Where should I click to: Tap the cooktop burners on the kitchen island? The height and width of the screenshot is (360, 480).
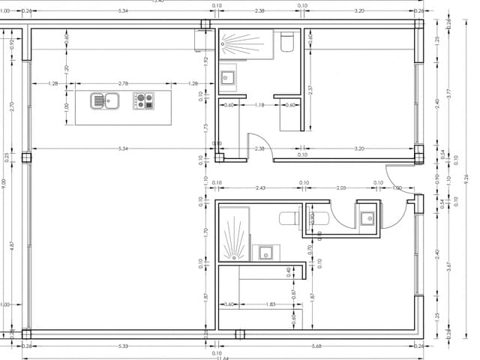pyautogui.click(x=143, y=100)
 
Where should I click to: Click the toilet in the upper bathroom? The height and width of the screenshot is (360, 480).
pyautogui.click(x=286, y=43)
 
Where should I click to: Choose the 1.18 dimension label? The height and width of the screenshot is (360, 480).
pyautogui.click(x=259, y=105)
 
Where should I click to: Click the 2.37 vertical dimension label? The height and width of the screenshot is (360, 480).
pyautogui.click(x=310, y=90)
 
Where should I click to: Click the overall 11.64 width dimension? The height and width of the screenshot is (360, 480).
pyautogui.click(x=223, y=357)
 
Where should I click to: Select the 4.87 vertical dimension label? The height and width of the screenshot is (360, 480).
pyautogui.click(x=12, y=245)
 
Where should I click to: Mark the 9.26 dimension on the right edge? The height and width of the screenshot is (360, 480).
pyautogui.click(x=466, y=178)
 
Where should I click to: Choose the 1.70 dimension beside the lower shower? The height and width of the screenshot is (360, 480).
pyautogui.click(x=205, y=232)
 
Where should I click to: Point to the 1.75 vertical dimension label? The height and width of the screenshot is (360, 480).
pyautogui.click(x=205, y=127)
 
